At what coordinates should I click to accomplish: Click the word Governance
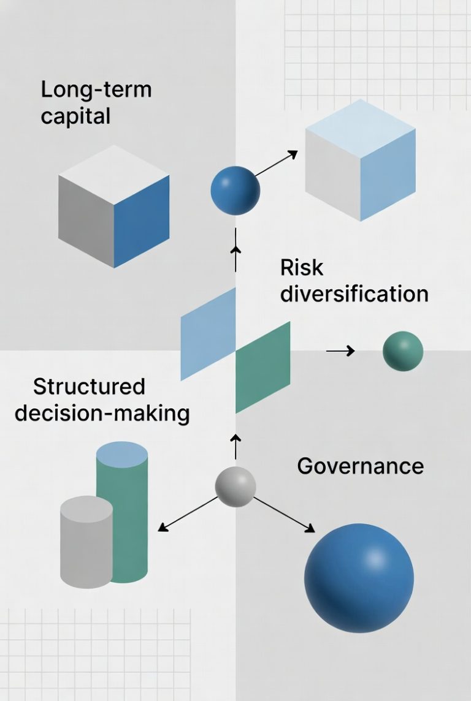[360, 466]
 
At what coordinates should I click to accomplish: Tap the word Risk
[301, 268]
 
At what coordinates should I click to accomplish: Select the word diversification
[354, 294]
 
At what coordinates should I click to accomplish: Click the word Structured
[89, 387]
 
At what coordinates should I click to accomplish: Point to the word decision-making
[102, 413]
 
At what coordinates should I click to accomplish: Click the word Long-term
[96, 90]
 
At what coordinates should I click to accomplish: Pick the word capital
[75, 116]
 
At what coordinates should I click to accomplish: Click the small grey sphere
[235, 487]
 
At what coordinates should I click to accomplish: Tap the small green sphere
[403, 351]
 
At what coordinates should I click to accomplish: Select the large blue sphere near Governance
[359, 578]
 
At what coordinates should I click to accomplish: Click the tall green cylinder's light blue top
[122, 455]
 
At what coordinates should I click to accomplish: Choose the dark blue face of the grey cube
[142, 221]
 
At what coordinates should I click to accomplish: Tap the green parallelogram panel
[262, 366]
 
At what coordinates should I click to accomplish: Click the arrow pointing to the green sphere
[340, 351]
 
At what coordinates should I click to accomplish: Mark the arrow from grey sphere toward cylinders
[188, 513]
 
